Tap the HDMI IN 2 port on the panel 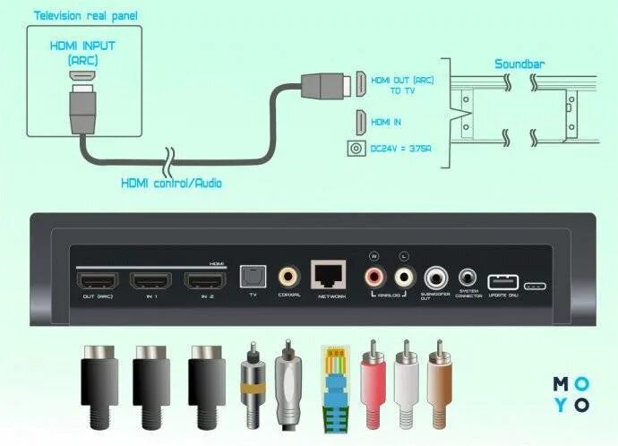[207, 280]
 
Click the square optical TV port [253, 276]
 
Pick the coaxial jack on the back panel [289, 276]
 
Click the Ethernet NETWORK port [330, 274]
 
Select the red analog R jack [374, 274]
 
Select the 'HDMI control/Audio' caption [171, 183]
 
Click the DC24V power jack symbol [359, 150]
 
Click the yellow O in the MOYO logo [584, 383]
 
